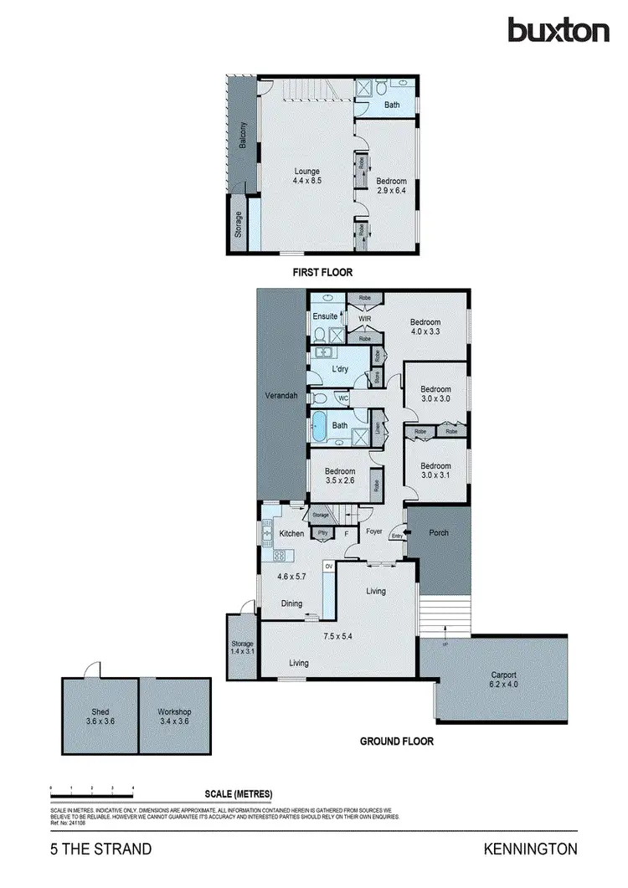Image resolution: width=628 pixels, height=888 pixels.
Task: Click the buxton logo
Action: pyautogui.click(x=559, y=30)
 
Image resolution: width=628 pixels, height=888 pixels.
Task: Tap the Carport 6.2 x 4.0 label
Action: pyautogui.click(x=503, y=680)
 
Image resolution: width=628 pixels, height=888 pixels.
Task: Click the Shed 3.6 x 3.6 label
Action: pyautogui.click(x=100, y=716)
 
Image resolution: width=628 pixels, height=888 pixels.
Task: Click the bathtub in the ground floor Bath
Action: pyautogui.click(x=320, y=427)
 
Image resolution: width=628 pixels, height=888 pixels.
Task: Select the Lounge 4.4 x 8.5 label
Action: pyautogui.click(x=306, y=176)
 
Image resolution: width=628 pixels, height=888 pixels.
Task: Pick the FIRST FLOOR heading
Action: pyautogui.click(x=322, y=272)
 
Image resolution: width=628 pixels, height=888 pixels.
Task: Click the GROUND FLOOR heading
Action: pyautogui.click(x=396, y=741)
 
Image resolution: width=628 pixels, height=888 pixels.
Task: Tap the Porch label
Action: pyautogui.click(x=439, y=533)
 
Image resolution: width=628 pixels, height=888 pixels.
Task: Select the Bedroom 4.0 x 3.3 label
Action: pyautogui.click(x=425, y=326)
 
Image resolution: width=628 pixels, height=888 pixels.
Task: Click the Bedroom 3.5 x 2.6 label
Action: pyautogui.click(x=339, y=475)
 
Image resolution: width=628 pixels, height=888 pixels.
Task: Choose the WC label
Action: pyautogui.click(x=343, y=399)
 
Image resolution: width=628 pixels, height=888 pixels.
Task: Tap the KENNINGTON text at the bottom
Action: pyautogui.click(x=530, y=850)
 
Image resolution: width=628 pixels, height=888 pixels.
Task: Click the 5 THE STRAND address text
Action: pyautogui.click(x=100, y=850)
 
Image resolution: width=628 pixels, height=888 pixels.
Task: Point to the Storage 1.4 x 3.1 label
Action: pyautogui.click(x=242, y=647)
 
